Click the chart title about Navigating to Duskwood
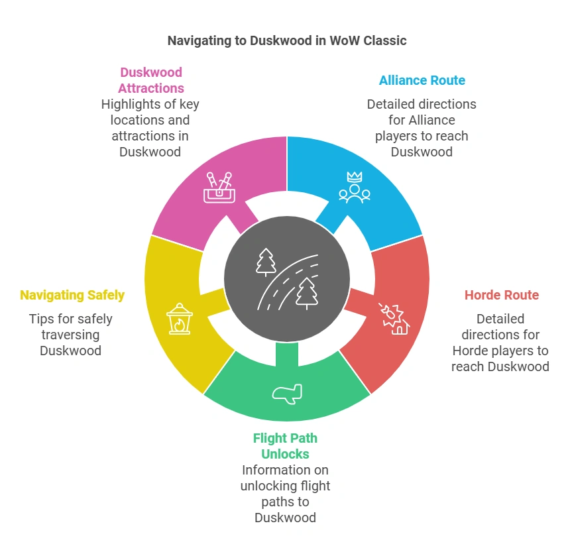[x=286, y=40]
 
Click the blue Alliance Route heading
[x=422, y=80]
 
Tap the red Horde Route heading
[x=501, y=295]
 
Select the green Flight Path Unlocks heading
[x=285, y=446]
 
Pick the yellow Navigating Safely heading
[x=71, y=295]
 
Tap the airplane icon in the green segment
[x=287, y=392]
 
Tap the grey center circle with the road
[x=286, y=278]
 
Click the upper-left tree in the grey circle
[x=266, y=262]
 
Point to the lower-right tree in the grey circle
[x=306, y=294]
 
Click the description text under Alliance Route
[x=422, y=128]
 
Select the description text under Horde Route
[x=500, y=343]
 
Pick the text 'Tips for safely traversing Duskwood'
[x=71, y=335]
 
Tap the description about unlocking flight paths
[x=285, y=494]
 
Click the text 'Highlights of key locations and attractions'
[x=150, y=128]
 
